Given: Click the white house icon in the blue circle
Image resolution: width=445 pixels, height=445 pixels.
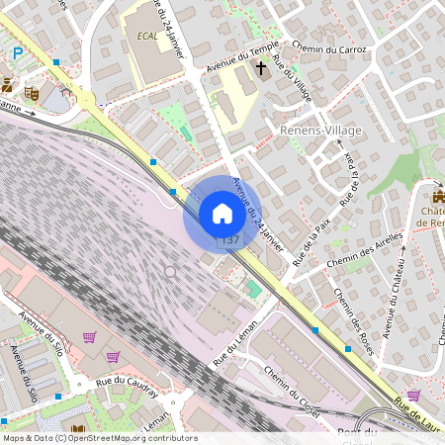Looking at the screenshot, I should (222, 213).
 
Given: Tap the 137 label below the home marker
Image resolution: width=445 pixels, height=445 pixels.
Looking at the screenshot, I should (230, 240).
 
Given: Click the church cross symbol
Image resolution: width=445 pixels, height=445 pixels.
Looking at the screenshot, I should (262, 69).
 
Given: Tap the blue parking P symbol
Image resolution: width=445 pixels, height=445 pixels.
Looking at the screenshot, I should (17, 53).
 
